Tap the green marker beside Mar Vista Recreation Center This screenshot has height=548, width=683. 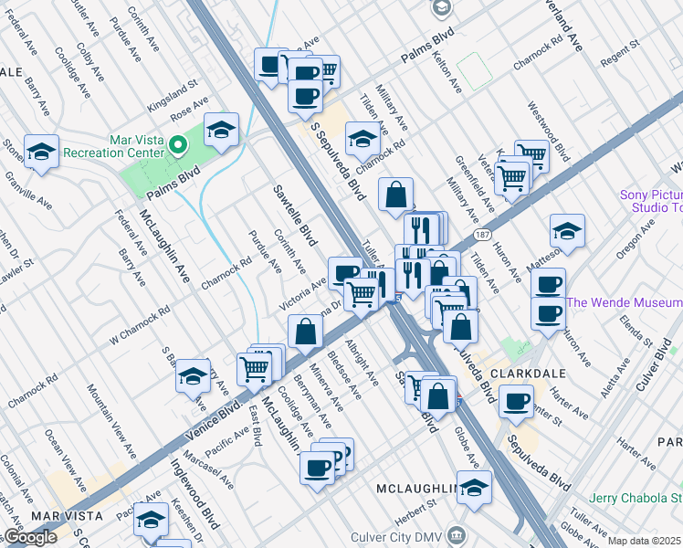point(179,143)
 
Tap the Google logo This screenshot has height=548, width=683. point(30,537)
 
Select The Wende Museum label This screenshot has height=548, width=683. point(625,302)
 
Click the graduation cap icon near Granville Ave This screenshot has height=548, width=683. point(41,153)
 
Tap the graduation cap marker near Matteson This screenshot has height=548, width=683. point(567,231)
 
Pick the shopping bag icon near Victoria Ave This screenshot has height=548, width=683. point(306,332)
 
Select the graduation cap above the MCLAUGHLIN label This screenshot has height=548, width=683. point(474,488)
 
